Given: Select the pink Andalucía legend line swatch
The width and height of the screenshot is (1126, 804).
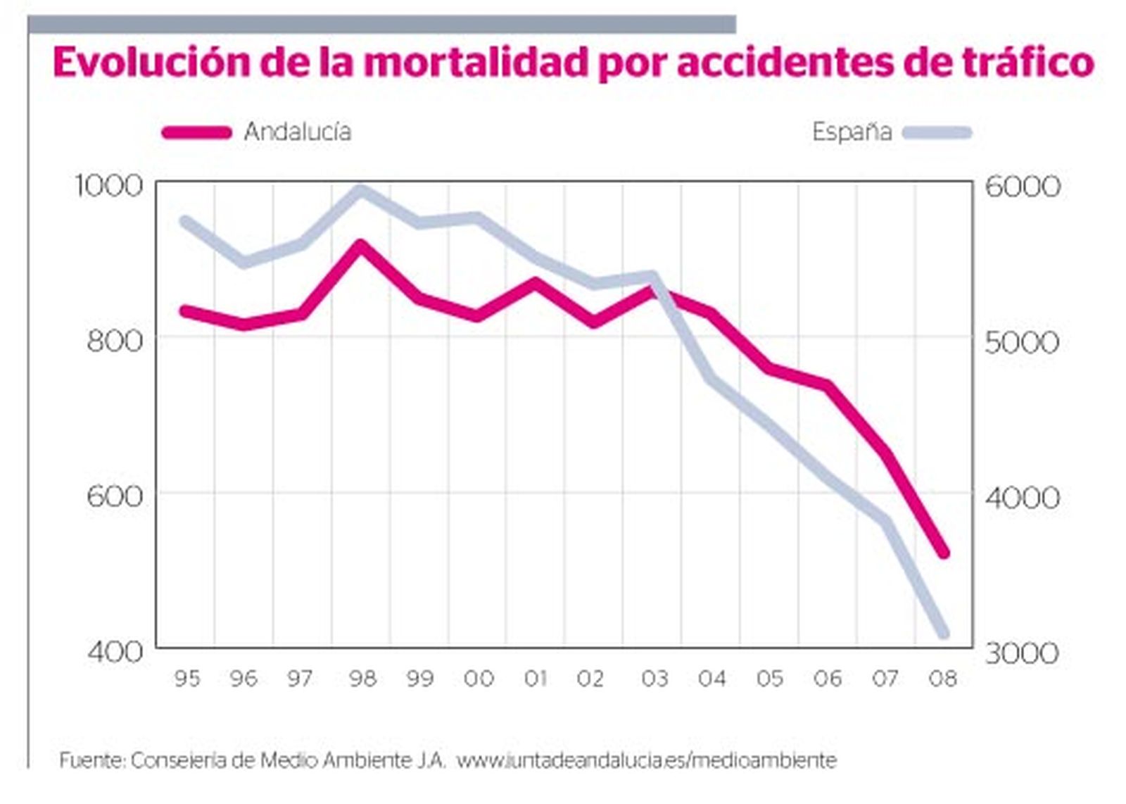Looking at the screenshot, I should click(197, 132).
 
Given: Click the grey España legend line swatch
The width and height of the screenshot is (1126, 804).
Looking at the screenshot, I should click(937, 132).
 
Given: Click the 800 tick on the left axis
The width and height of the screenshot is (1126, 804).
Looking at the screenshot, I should click(115, 341).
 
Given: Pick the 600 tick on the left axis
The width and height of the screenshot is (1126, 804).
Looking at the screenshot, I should click(115, 496).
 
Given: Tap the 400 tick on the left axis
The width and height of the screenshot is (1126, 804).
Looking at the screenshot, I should click(115, 651).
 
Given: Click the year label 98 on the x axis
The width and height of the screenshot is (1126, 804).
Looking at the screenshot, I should click(363, 679).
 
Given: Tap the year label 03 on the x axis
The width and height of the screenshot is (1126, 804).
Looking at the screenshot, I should click(654, 679).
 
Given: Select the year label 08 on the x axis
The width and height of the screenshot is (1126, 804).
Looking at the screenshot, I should click(943, 679).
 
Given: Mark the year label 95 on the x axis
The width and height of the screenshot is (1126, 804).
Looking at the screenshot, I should click(187, 679).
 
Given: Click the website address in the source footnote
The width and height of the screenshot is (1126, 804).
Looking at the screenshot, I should click(647, 761).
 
